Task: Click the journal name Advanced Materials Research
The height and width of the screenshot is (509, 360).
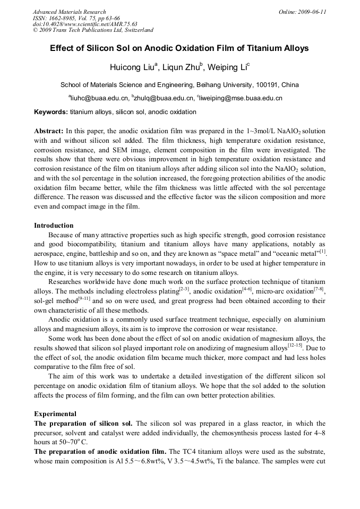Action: (70, 12)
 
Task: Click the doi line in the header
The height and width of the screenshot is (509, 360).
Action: (85, 24)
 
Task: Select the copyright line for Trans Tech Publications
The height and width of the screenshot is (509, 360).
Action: (93, 30)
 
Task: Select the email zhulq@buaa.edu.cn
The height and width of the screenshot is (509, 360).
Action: (165, 98)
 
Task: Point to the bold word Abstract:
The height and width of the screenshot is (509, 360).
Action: (49, 131)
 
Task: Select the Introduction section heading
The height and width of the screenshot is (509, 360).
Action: (54, 226)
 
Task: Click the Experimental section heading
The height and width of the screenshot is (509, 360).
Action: (55, 413)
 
